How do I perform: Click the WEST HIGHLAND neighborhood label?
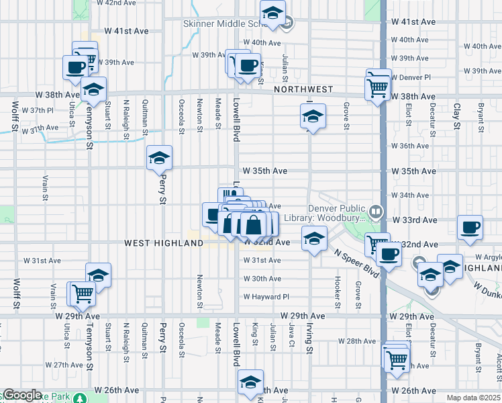(163, 242)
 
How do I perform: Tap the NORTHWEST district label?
(303, 89)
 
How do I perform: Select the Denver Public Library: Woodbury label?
(336, 213)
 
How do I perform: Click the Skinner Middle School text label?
(221, 23)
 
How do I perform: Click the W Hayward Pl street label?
(266, 296)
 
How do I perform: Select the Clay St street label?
(456, 116)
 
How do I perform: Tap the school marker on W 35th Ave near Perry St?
(159, 158)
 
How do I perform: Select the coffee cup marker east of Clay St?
(470, 227)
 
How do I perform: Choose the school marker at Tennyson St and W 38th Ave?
(93, 89)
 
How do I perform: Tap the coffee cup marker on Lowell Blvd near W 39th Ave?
(248, 66)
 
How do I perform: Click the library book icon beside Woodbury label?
(376, 213)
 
